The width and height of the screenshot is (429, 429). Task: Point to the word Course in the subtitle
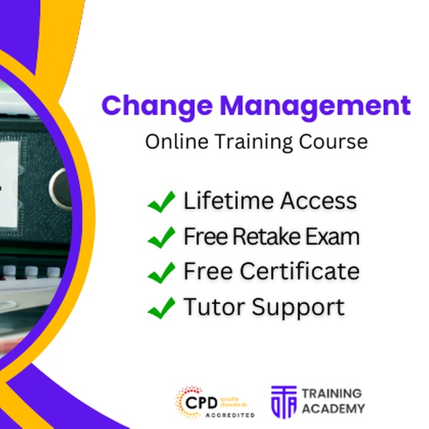[x=333, y=142]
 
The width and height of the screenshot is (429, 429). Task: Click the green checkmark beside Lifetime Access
[x=161, y=202]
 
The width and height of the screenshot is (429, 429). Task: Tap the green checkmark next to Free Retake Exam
[x=161, y=237]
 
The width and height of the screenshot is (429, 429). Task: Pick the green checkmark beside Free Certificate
[x=161, y=272]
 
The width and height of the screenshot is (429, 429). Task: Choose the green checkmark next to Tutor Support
[x=161, y=307]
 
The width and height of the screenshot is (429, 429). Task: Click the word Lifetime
[x=229, y=200]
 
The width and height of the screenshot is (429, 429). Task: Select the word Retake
[x=267, y=237]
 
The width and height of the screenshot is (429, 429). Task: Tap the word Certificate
[x=300, y=271]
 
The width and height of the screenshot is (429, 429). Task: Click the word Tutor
[x=214, y=307]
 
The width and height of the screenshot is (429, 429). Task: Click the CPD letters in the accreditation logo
[x=202, y=403]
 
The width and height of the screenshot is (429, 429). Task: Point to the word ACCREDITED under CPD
[x=230, y=415]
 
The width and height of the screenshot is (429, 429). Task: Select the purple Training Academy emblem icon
[x=284, y=402]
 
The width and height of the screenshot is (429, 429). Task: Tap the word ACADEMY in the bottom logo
[x=333, y=409]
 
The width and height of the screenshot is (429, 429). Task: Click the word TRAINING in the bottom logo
[x=332, y=393]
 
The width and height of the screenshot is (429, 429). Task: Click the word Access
[x=318, y=200]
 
